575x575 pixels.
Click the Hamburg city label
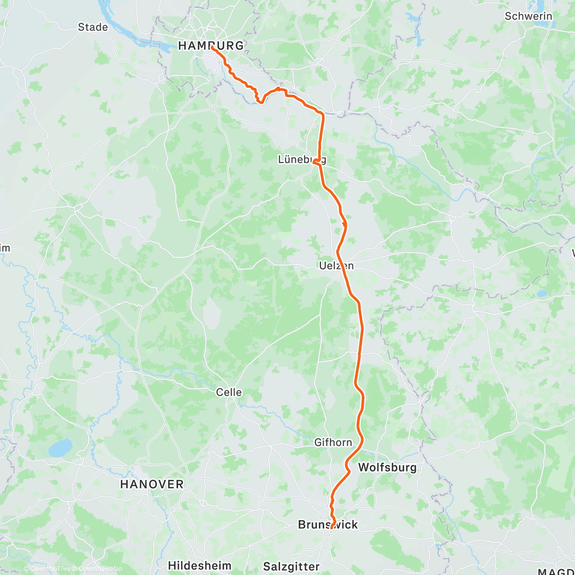click(211, 46)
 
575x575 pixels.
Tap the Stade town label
click(93, 27)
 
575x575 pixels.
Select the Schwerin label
click(529, 16)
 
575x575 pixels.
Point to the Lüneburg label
click(302, 160)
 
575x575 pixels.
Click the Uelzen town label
click(336, 265)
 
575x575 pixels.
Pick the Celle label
click(229, 392)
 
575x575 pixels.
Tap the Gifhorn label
click(333, 442)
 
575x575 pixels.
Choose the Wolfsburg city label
click(387, 467)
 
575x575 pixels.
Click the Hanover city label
click(152, 484)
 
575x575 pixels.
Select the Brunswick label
click(328, 525)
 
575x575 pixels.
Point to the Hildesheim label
click(200, 565)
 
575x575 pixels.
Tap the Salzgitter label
click(291, 567)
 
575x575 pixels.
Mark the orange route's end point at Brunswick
click(331, 528)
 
